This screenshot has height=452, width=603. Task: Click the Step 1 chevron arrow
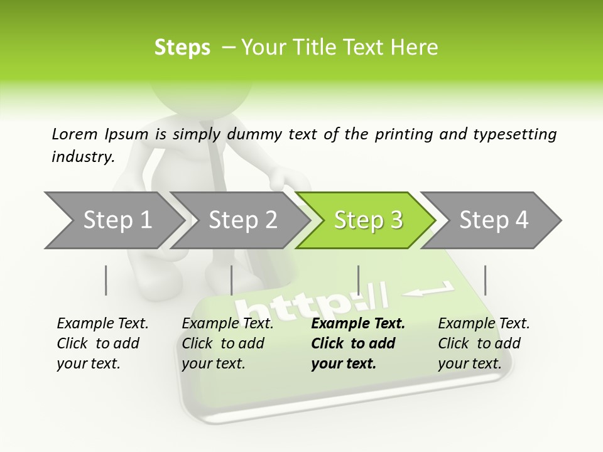click(113, 220)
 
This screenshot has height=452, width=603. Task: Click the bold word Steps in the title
click(182, 48)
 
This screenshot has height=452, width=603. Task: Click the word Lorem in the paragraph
click(74, 134)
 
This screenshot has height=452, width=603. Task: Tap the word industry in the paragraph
click(82, 157)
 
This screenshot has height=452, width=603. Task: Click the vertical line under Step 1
click(106, 280)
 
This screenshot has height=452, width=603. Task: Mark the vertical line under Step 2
click(232, 280)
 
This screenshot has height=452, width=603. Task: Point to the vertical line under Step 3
click(358, 280)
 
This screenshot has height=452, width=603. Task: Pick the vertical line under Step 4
click(485, 280)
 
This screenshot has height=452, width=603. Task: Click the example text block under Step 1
click(102, 343)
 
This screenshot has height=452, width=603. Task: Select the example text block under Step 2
click(227, 343)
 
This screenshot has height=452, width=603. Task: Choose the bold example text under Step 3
click(357, 343)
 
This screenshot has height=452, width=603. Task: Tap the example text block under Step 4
click(484, 343)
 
